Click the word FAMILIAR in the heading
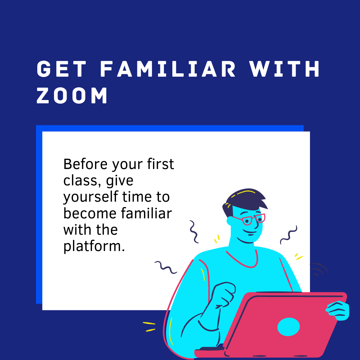pyautogui.click(x=168, y=70)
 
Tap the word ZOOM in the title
pyautogui.click(x=72, y=96)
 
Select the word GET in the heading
pyautogui.click(x=62, y=70)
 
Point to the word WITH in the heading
pyautogui.click(x=285, y=70)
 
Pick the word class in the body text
pyautogui.click(x=77, y=181)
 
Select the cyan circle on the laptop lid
pyautogui.click(x=289, y=327)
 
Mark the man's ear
pyautogui.click(x=230, y=221)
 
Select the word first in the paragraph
pyautogui.click(x=161, y=164)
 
